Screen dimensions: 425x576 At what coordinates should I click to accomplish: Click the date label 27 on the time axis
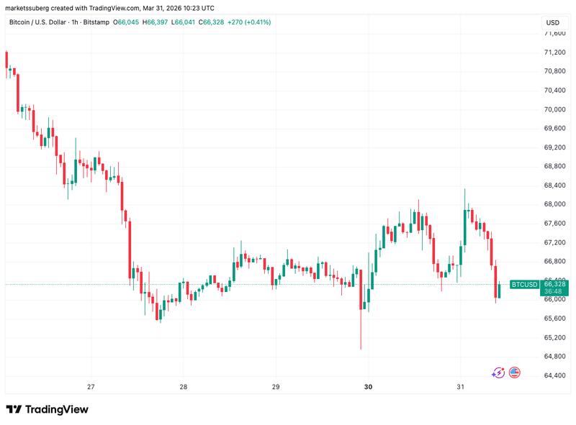coord(91,387)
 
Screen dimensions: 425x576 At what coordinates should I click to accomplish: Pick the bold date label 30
coord(368,387)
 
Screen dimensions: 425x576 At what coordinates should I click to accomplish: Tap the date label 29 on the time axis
coord(276,387)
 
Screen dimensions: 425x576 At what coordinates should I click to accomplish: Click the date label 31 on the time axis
coord(461,387)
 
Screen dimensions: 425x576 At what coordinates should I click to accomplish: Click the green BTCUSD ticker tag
coord(524,285)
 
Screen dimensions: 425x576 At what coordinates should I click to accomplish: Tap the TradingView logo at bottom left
coord(48,409)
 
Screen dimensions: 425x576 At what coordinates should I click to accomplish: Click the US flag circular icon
coord(514,373)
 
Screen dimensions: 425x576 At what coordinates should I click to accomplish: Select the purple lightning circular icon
coord(498,373)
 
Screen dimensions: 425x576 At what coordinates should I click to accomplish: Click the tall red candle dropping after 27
coord(130,245)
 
